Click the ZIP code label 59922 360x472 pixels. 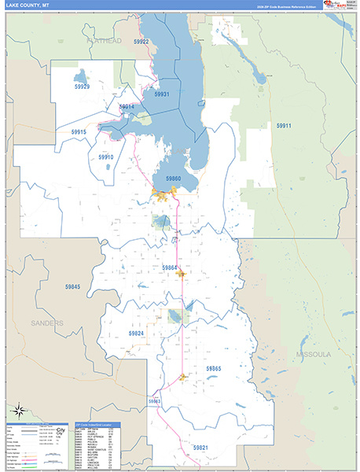pyautogui.click(x=141, y=42)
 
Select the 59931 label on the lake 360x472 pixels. pyautogui.click(x=162, y=94)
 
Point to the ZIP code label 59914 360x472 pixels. pyautogui.click(x=127, y=106)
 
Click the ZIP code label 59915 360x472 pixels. pyautogui.click(x=78, y=132)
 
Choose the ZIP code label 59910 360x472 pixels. pyautogui.click(x=106, y=157)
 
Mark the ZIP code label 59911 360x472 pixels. pyautogui.click(x=283, y=126)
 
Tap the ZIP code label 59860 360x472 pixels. pyautogui.click(x=173, y=179)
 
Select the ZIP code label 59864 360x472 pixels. pyautogui.click(x=170, y=267)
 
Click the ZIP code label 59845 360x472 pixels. pyautogui.click(x=72, y=286)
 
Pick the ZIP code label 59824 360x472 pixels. pyautogui.click(x=137, y=334)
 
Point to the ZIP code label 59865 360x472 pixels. pyautogui.click(x=214, y=368)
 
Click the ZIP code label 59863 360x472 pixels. pyautogui.click(x=154, y=401)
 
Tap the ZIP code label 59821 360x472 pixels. pyautogui.click(x=201, y=447)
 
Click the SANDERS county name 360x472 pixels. pyautogui.click(x=47, y=323)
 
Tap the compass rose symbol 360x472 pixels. pyautogui.click(x=17, y=410)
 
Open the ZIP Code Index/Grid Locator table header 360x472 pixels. pyautogui.click(x=97, y=424)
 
